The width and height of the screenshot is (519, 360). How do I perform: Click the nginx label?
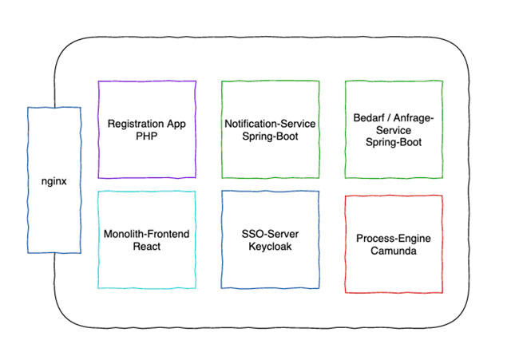[x=53, y=180]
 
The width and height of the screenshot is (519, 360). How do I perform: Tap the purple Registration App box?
[x=147, y=156]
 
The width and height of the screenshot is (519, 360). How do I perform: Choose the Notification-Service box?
[x=270, y=156]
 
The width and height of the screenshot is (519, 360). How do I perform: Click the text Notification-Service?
[x=270, y=124]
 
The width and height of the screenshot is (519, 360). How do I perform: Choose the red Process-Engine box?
[x=393, y=271]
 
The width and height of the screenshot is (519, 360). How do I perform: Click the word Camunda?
[x=393, y=251]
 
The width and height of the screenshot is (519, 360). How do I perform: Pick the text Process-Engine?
[x=393, y=239]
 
